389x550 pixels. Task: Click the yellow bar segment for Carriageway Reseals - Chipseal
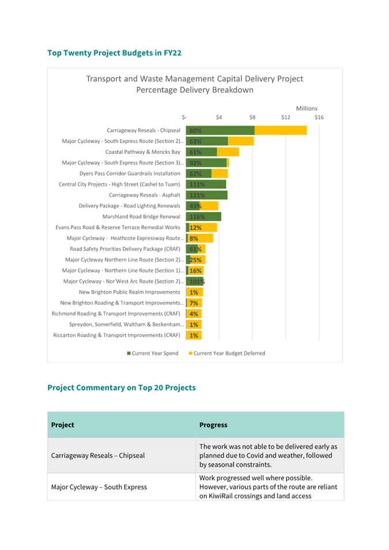[281, 131]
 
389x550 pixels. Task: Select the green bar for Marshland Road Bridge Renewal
[203, 217]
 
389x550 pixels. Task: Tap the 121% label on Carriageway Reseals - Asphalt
[197, 195]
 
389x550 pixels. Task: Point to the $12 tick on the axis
[285, 117]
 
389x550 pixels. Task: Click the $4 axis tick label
[219, 117]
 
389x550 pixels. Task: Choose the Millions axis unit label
[307, 108]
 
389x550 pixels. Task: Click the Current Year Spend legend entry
[153, 353]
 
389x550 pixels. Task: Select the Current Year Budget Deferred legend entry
[227, 353]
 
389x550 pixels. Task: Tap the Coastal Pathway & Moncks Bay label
[143, 152]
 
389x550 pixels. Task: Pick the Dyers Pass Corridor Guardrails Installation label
[130, 173]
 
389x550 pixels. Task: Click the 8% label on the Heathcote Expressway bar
[194, 238]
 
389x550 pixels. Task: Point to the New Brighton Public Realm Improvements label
[130, 292]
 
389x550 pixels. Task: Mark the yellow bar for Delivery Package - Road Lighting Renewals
[209, 206]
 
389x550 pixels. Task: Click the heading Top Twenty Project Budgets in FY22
[115, 53]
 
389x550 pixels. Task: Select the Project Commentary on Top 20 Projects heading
[122, 388]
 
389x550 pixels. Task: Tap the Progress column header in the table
[213, 425]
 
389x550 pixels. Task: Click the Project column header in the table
[62, 425]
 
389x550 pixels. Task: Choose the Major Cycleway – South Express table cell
[99, 487]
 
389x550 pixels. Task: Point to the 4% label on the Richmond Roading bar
[194, 314]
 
